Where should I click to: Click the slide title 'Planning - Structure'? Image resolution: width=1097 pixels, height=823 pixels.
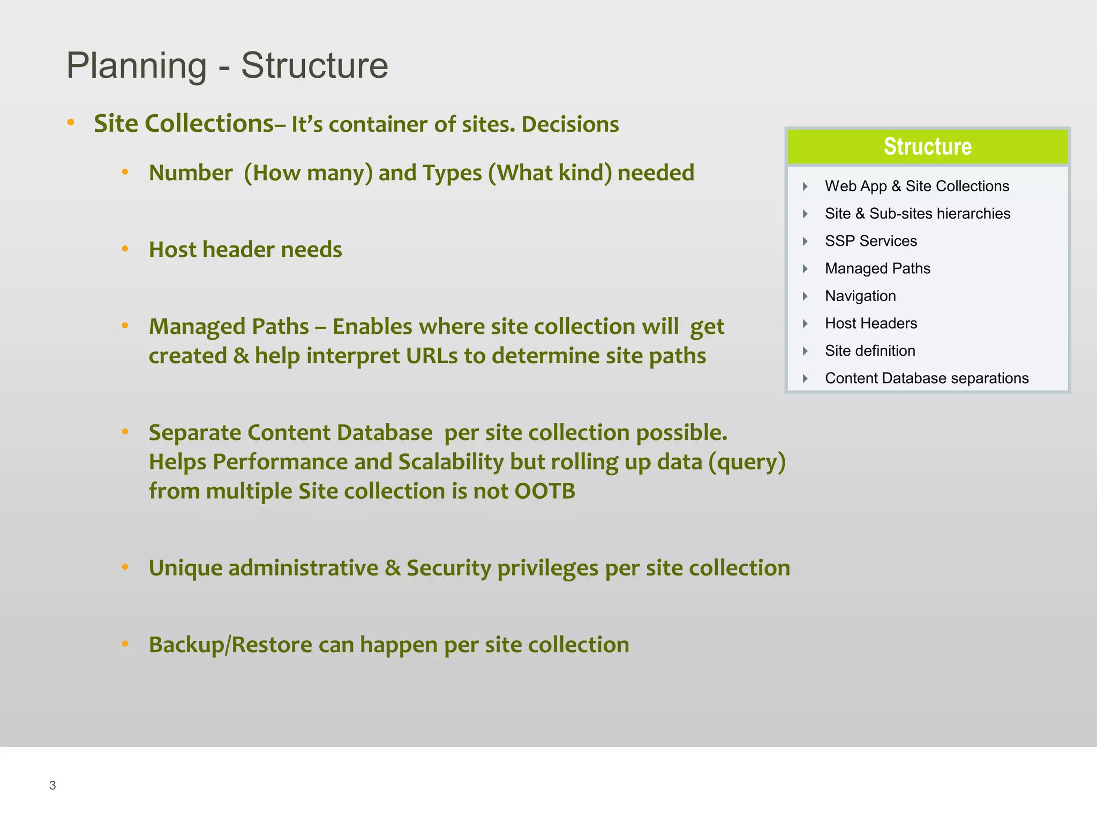pyautogui.click(x=227, y=65)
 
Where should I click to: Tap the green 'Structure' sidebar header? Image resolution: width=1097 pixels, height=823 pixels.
pyautogui.click(x=927, y=146)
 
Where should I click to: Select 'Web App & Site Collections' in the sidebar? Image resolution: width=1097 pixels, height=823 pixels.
pyautogui.click(x=916, y=186)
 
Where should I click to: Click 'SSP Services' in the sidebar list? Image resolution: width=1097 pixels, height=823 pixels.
pyautogui.click(x=870, y=241)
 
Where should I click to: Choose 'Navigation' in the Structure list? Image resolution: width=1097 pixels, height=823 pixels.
pyautogui.click(x=860, y=296)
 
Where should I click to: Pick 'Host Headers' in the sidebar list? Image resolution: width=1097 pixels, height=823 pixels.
pyautogui.click(x=870, y=323)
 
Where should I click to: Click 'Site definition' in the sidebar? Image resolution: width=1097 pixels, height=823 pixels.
pyautogui.click(x=869, y=351)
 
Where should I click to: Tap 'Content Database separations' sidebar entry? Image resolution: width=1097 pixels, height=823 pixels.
pyautogui.click(x=926, y=378)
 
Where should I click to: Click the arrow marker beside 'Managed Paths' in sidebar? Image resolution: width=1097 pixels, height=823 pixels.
pyautogui.click(x=805, y=268)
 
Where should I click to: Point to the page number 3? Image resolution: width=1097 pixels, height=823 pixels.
pyautogui.click(x=52, y=785)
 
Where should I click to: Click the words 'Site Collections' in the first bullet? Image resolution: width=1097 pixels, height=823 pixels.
pyautogui.click(x=184, y=124)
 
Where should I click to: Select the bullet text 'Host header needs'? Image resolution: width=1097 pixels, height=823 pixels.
pyautogui.click(x=245, y=250)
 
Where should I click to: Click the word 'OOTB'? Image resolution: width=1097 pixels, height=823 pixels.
pyautogui.click(x=545, y=491)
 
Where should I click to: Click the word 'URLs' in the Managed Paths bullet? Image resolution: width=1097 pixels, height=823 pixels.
pyautogui.click(x=432, y=356)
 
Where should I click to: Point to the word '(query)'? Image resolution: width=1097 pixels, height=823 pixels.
pyautogui.click(x=747, y=462)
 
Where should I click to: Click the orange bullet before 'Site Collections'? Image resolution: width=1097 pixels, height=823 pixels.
pyautogui.click(x=71, y=123)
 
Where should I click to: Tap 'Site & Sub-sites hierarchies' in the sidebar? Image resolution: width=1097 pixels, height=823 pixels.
pyautogui.click(x=917, y=214)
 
